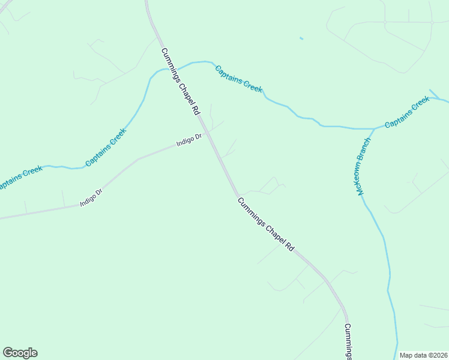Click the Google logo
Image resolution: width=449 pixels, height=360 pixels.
20,353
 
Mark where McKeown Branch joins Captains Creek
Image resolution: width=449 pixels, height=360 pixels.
374,128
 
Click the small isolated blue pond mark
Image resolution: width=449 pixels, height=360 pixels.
301,39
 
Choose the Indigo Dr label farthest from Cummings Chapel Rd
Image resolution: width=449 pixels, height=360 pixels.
91,198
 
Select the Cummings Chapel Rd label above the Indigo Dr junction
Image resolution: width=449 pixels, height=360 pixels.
180,82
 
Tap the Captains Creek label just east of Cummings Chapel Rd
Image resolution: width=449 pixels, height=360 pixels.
239,79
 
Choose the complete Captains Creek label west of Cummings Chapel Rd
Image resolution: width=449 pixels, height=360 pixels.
106,148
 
